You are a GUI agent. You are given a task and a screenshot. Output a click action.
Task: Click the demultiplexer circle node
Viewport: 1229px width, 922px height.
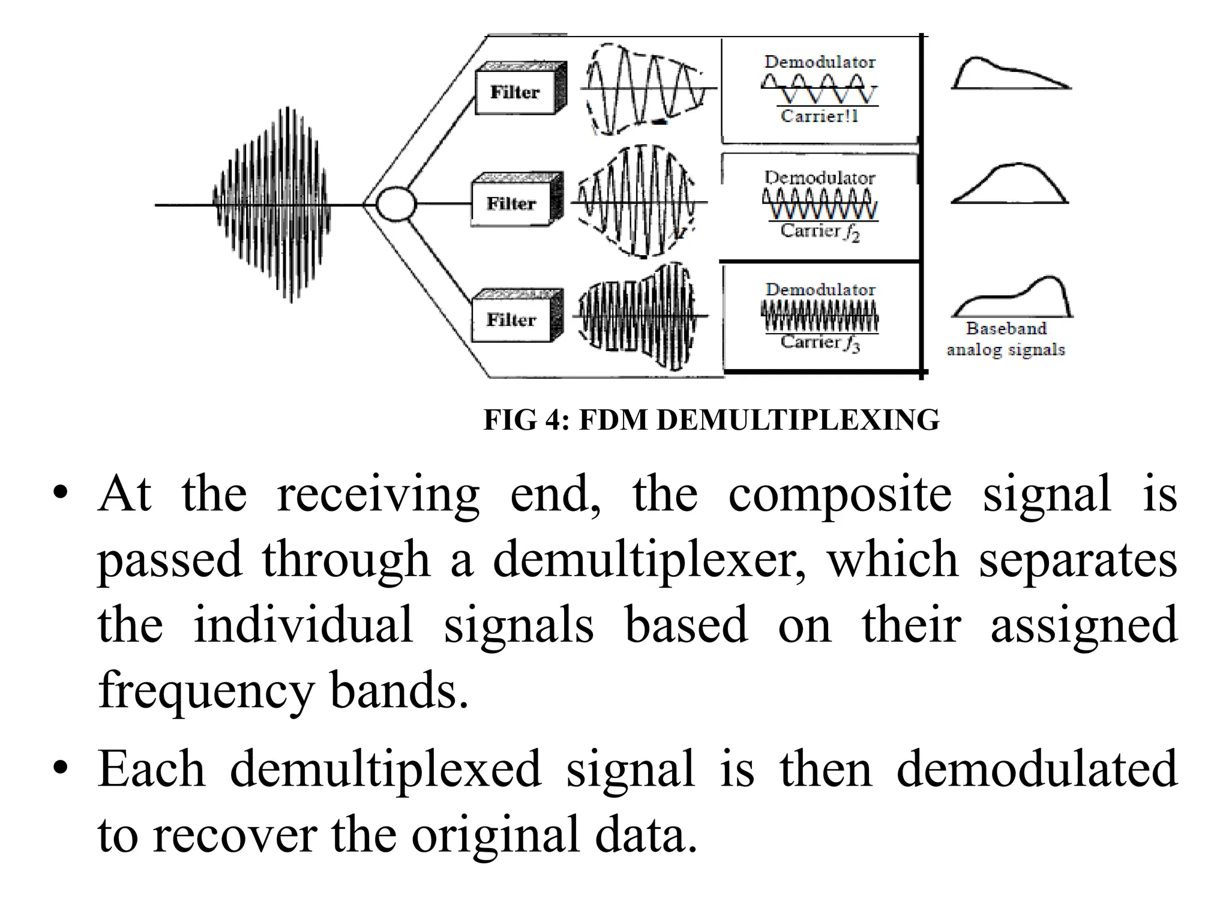coord(395,204)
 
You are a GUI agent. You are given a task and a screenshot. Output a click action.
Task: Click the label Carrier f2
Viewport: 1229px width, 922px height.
coord(820,232)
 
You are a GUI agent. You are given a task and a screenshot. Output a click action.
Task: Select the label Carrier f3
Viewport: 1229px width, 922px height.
coord(820,343)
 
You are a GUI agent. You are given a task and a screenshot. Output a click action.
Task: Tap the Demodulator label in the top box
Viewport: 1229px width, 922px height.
coord(820,62)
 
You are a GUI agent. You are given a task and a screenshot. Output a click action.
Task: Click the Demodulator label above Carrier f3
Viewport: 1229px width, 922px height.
coord(820,289)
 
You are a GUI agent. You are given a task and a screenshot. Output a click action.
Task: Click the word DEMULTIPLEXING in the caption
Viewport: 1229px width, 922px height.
coord(798,420)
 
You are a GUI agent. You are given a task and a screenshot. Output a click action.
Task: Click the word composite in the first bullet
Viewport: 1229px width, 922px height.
coord(840,495)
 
